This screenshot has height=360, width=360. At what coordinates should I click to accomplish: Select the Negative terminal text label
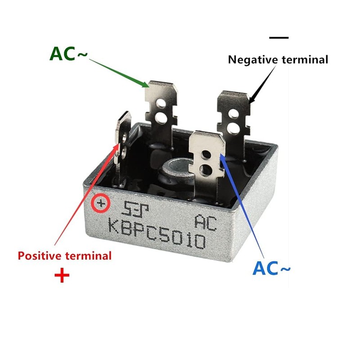coord(278,59)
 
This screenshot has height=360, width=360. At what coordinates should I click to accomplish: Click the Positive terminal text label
coord(64,256)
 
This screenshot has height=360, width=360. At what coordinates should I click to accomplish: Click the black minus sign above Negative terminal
coord(279,37)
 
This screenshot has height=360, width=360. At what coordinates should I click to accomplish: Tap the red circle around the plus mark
coord(101,205)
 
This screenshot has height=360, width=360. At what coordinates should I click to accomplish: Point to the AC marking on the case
coord(205,222)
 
